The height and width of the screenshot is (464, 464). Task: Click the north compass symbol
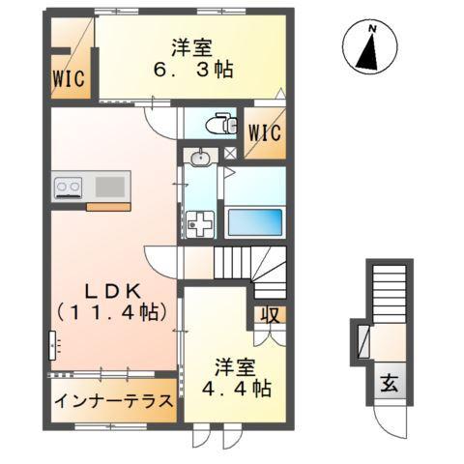(x=369, y=47)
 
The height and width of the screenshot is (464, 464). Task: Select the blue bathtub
(x=255, y=222)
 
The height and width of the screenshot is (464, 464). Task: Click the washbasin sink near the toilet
(x=200, y=157)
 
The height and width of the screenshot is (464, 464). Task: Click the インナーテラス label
(x=113, y=401)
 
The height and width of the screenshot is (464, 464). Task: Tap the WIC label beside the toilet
(x=263, y=133)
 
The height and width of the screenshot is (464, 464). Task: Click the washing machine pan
(x=201, y=223)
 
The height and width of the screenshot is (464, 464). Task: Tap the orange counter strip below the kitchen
(x=108, y=205)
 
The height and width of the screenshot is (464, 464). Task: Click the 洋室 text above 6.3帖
(x=192, y=45)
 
